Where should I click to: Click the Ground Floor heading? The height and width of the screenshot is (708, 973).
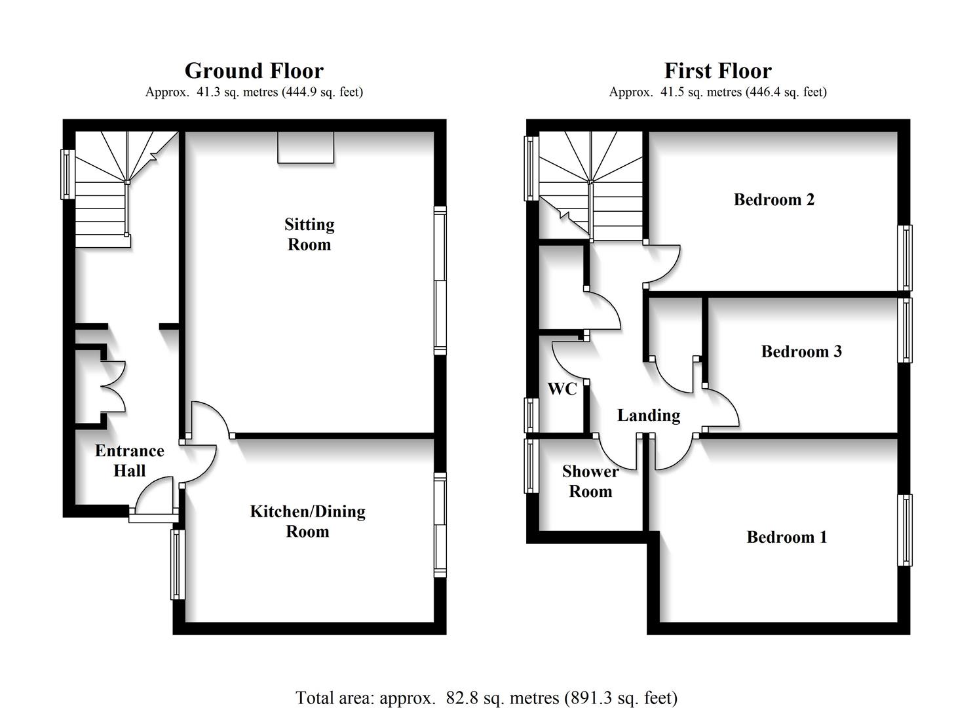click(254, 71)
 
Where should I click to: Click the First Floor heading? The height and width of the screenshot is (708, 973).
click(717, 71)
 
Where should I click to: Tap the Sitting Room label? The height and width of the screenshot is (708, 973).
click(309, 234)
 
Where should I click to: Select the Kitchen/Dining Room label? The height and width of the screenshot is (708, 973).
click(307, 521)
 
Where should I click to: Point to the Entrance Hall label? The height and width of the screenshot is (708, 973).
click(129, 460)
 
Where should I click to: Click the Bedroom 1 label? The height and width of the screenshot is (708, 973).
click(786, 538)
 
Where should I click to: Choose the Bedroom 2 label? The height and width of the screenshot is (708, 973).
click(774, 200)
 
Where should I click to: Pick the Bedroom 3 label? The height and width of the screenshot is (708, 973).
click(801, 352)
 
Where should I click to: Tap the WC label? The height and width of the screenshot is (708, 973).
click(562, 389)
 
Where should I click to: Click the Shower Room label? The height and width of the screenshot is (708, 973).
click(590, 481)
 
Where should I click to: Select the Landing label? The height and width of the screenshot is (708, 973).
click(648, 416)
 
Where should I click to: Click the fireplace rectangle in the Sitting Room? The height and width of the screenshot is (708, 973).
click(306, 147)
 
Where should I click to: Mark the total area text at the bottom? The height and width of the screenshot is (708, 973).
click(486, 698)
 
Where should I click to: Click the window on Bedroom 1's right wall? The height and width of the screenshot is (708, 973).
click(904, 530)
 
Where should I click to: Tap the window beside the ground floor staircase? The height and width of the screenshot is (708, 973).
click(67, 174)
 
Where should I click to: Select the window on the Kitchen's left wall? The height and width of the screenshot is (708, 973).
click(177, 564)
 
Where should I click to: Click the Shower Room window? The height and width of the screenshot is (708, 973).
click(530, 465)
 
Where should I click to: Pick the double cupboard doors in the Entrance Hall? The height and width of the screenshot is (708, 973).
click(113, 387)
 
